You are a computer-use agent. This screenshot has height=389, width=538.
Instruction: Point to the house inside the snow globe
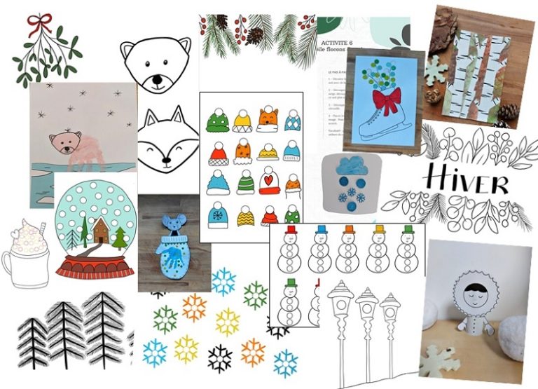(x=100, y=231)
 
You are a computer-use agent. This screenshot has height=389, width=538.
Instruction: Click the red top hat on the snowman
(x=289, y=230)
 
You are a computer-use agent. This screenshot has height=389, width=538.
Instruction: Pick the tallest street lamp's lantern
(x=341, y=296)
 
